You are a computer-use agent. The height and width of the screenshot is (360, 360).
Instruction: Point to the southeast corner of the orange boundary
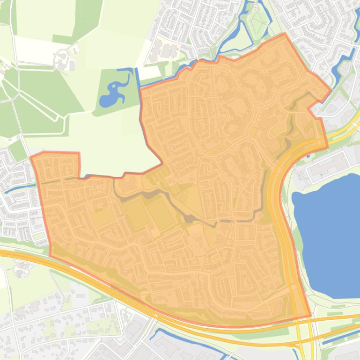click(310, 316)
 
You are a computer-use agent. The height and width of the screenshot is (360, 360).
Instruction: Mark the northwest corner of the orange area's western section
click(32, 157)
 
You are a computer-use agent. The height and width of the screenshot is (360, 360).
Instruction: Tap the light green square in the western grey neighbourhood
click(18, 150)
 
